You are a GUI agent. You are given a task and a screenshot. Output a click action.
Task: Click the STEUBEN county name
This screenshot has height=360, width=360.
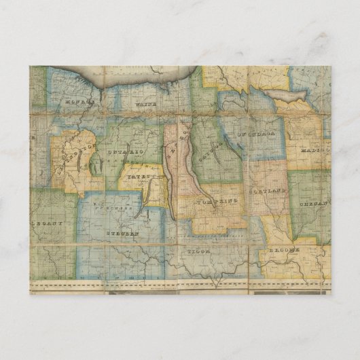tap(123, 233)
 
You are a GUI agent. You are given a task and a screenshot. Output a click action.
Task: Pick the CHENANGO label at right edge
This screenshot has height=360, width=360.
tap(317, 200)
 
